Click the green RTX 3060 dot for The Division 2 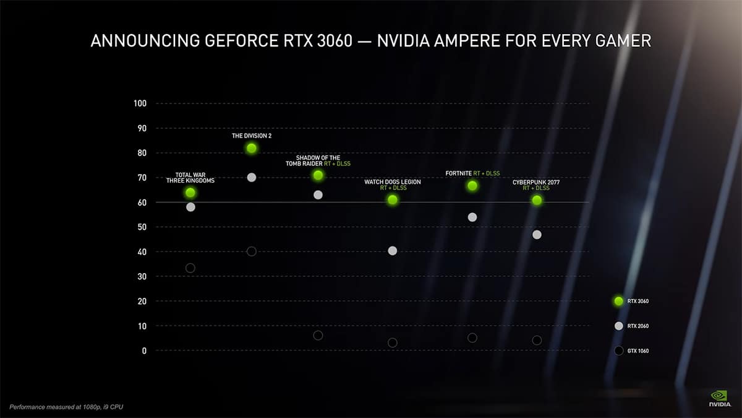pos(251,148)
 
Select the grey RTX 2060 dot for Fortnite pos(472,217)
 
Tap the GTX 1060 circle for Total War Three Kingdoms pos(190,268)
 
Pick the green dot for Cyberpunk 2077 pos(537,200)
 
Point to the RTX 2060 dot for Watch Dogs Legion pos(392,251)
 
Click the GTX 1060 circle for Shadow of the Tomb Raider pos(318,335)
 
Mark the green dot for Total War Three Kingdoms pos(190,193)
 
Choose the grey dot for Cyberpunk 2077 pos(537,235)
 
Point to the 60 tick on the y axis pos(142,202)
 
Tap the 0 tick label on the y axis pos(144,351)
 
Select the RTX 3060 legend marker pos(618,301)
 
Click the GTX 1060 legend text pos(638,351)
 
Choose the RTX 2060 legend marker pos(618,326)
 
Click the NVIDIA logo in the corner pos(719,397)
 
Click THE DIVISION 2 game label pos(251,134)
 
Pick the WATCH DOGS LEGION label pos(392,182)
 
